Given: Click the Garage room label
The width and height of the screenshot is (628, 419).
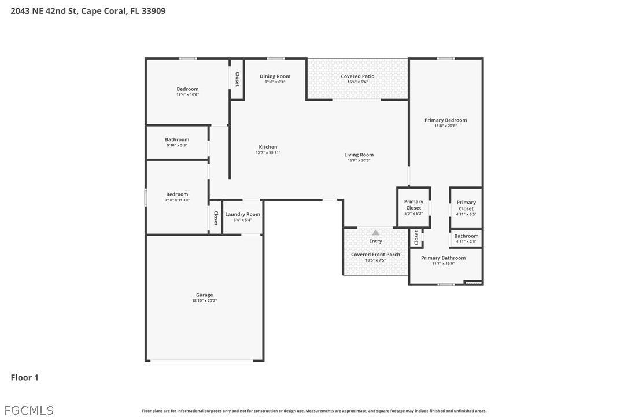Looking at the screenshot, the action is [x=204, y=295].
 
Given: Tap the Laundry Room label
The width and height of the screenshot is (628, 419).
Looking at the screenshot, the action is [x=242, y=214].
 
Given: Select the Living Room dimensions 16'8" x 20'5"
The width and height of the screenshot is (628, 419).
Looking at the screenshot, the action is [x=359, y=160].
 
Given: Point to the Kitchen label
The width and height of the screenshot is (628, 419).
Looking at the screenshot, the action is [x=268, y=147].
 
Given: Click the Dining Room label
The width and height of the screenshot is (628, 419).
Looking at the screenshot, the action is [x=275, y=76].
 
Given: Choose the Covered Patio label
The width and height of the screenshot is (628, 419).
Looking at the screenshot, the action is [x=357, y=76].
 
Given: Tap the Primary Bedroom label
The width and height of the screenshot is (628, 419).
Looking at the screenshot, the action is [x=445, y=120].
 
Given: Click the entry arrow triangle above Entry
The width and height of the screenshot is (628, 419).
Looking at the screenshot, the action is [x=375, y=233].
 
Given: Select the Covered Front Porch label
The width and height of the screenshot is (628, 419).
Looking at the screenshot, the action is [x=375, y=255].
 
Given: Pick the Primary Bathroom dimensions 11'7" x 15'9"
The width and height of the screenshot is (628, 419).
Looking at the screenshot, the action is [x=443, y=263].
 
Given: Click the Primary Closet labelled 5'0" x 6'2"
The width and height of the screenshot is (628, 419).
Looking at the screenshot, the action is [x=413, y=204].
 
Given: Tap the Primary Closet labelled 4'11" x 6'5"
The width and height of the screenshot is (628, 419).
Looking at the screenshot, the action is [x=466, y=205].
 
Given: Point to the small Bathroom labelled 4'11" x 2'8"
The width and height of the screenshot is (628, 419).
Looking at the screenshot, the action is [x=466, y=236].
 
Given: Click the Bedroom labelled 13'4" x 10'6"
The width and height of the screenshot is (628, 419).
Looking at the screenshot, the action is [x=187, y=89].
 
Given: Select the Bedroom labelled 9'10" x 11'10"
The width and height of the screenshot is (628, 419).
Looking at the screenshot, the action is [x=177, y=194].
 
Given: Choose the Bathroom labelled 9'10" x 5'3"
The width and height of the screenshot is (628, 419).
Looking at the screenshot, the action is [x=177, y=139].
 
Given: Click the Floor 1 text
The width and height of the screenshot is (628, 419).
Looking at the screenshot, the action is [x=24, y=377].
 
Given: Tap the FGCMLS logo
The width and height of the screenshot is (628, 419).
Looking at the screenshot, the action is [x=29, y=410].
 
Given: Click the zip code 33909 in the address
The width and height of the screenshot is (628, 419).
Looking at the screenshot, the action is [x=154, y=11].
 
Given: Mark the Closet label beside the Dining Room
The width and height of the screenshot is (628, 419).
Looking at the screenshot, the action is [x=237, y=79].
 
